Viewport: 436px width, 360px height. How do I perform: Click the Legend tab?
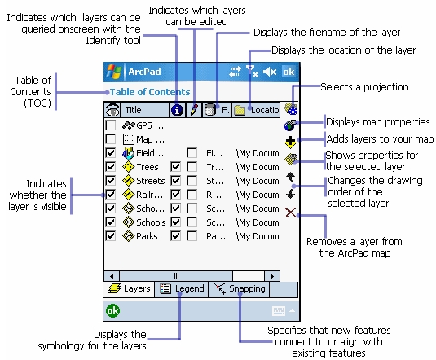(x=183, y=289)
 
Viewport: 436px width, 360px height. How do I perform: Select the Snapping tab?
(x=239, y=289)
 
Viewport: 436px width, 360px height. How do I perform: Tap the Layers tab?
(x=129, y=289)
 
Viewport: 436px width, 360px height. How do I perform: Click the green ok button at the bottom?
(x=112, y=310)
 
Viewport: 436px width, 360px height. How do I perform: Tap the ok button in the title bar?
(x=288, y=72)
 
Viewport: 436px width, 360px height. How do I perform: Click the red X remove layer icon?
(x=291, y=213)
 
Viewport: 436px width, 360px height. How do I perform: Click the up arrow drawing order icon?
(x=291, y=177)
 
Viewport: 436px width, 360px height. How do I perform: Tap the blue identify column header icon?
(x=177, y=110)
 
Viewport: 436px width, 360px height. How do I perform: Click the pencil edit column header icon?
(x=194, y=110)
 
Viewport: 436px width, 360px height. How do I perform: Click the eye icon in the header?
(x=112, y=110)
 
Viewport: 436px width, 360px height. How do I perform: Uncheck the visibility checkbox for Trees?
(x=111, y=167)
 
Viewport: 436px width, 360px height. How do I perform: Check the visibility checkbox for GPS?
(x=111, y=125)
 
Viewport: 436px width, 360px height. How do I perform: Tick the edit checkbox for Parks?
(x=192, y=236)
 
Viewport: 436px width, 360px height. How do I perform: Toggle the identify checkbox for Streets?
(x=176, y=181)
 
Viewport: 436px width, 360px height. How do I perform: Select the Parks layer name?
(x=147, y=236)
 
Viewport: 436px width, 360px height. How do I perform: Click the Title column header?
(x=145, y=110)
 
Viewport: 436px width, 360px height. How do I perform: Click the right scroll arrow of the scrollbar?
(x=272, y=276)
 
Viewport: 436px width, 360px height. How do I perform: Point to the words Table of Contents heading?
(x=150, y=92)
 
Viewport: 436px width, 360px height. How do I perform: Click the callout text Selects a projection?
(x=364, y=87)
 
